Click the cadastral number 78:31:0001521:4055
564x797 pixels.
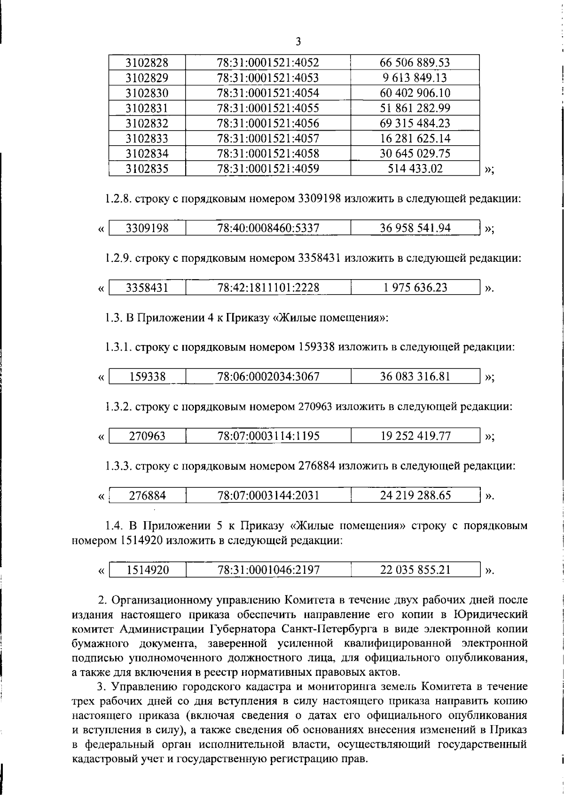point(268,108)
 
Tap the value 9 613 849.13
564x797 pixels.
point(415,78)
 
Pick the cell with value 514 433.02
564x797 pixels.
point(415,169)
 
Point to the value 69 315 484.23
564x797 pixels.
point(415,124)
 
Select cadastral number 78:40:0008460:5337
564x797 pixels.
point(268,228)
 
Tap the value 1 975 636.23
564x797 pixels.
point(415,288)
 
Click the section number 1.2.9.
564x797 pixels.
point(118,258)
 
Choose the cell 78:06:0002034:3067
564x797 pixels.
point(268,377)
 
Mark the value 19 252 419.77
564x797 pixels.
point(415,436)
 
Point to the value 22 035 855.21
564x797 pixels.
point(415,570)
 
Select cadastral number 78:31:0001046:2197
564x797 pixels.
point(268,570)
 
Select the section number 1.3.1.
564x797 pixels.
point(118,347)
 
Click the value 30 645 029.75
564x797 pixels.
point(415,154)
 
